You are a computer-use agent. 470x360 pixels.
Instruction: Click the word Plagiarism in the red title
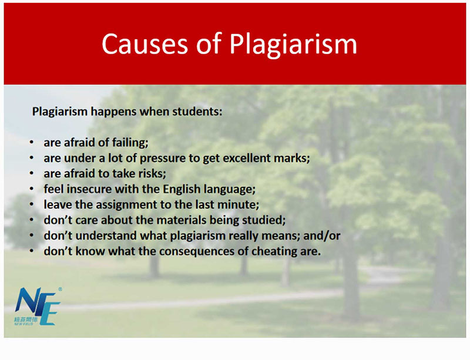click(x=293, y=45)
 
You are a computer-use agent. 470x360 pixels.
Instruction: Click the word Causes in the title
click(x=145, y=44)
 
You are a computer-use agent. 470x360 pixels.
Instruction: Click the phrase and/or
click(x=321, y=235)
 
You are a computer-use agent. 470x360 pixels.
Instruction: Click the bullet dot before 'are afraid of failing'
click(x=32, y=142)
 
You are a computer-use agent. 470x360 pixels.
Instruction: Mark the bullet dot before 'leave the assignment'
click(x=32, y=204)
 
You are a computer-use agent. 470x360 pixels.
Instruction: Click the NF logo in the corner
click(x=38, y=307)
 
